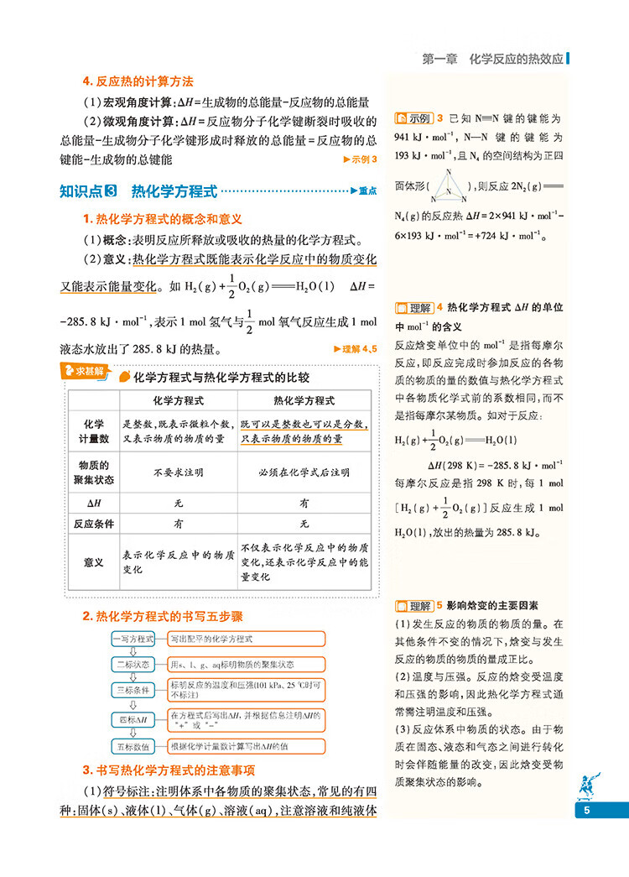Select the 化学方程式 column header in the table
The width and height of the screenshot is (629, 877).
coord(179,400)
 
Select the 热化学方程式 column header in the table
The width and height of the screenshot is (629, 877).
coord(304,400)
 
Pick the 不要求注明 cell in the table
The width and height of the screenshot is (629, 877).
coord(179,472)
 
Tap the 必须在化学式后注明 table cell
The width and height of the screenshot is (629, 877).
coord(304,472)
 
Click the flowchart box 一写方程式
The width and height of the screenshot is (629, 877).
coord(133,639)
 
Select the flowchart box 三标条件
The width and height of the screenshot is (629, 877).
coord(133,689)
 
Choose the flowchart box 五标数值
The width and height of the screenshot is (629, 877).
coord(133,746)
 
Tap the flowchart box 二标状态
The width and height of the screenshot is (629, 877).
coord(133,664)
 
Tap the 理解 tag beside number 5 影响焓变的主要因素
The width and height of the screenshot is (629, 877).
coord(414,604)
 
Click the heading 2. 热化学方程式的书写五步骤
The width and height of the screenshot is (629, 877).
coord(162,616)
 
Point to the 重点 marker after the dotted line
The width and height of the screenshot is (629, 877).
coord(364,191)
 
